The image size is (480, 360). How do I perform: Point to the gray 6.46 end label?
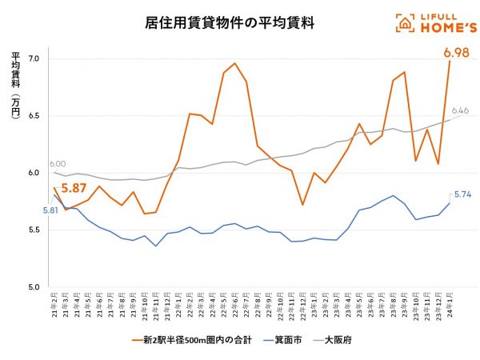click(x=460, y=110)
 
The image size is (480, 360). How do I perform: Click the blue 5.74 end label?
click(x=464, y=194)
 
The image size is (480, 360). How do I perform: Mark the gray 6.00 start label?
click(x=58, y=162)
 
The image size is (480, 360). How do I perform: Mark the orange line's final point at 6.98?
click(x=450, y=62)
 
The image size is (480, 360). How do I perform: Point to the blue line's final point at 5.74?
click(x=450, y=202)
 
